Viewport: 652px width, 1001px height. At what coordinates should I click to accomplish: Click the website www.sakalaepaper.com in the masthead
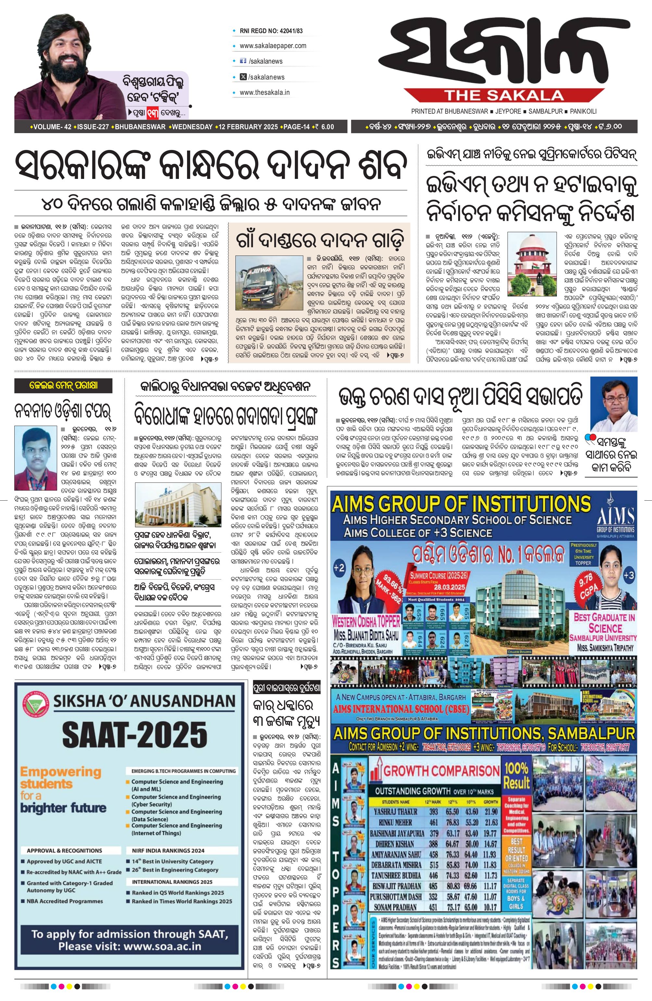pos(272,46)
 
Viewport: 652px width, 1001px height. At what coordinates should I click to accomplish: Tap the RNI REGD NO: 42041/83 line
pos(271,31)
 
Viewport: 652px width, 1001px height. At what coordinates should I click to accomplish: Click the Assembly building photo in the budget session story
pos(178,504)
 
